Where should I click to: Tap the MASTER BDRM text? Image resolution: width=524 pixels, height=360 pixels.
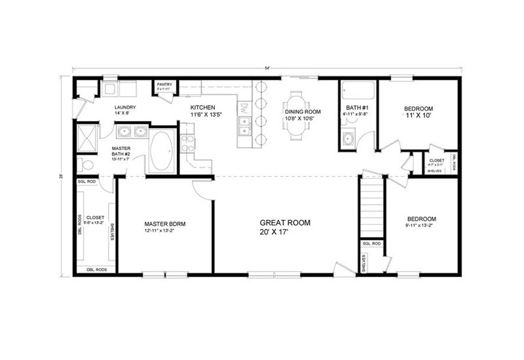(x=164, y=224)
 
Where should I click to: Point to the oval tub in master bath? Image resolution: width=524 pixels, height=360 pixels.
(x=162, y=153)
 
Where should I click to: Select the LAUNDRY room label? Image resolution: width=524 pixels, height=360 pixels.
(x=124, y=107)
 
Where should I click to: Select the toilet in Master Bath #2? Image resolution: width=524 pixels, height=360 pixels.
(x=82, y=164)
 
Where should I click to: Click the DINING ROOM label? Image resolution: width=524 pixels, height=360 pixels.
(x=303, y=112)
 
